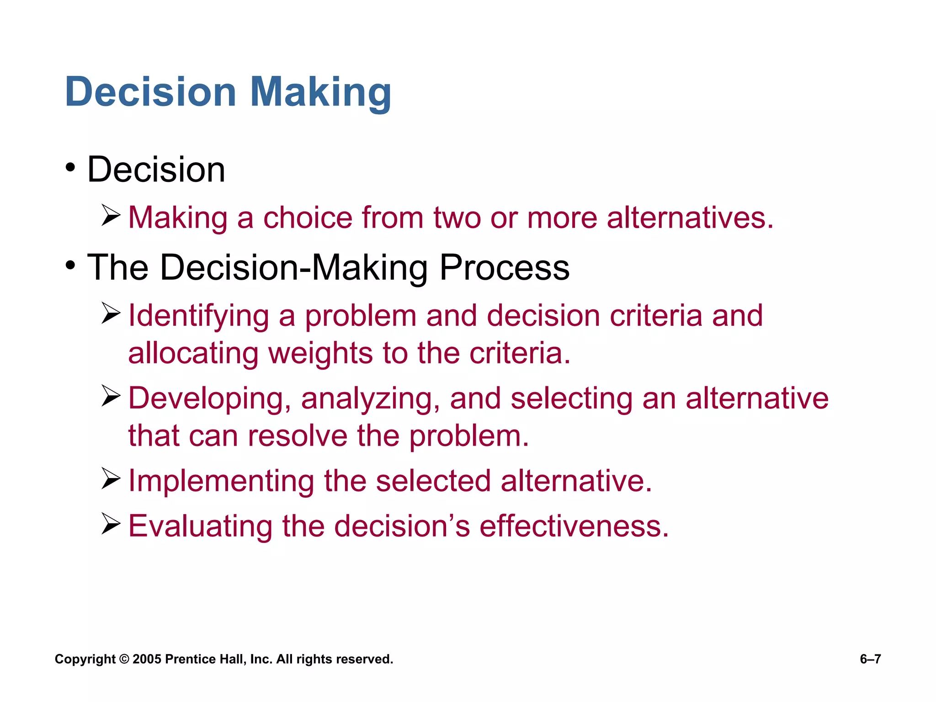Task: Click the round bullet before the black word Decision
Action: point(70,168)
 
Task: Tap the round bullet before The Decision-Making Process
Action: point(70,266)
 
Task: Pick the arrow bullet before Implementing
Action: point(111,479)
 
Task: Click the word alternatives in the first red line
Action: point(690,218)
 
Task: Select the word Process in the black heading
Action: point(505,268)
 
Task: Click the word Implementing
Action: point(221,481)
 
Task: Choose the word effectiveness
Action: point(574,526)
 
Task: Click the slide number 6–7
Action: point(870,659)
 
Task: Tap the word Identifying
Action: point(199,316)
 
